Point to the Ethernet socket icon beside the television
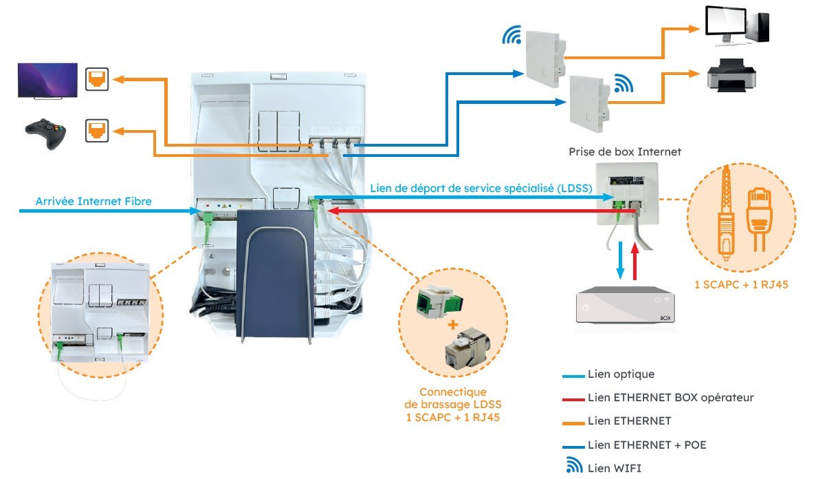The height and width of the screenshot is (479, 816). [x=96, y=79]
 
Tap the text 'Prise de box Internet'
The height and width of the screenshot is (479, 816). [x=625, y=151]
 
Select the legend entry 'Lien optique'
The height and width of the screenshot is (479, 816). [x=621, y=374]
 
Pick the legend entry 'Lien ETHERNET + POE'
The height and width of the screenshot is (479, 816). [x=647, y=445]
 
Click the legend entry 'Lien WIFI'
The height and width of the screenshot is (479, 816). [x=615, y=468]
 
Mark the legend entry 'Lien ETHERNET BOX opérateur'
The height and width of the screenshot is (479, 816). [x=671, y=398]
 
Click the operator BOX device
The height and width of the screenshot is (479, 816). [x=625, y=306]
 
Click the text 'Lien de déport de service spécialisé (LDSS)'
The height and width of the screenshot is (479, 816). [x=481, y=188]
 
